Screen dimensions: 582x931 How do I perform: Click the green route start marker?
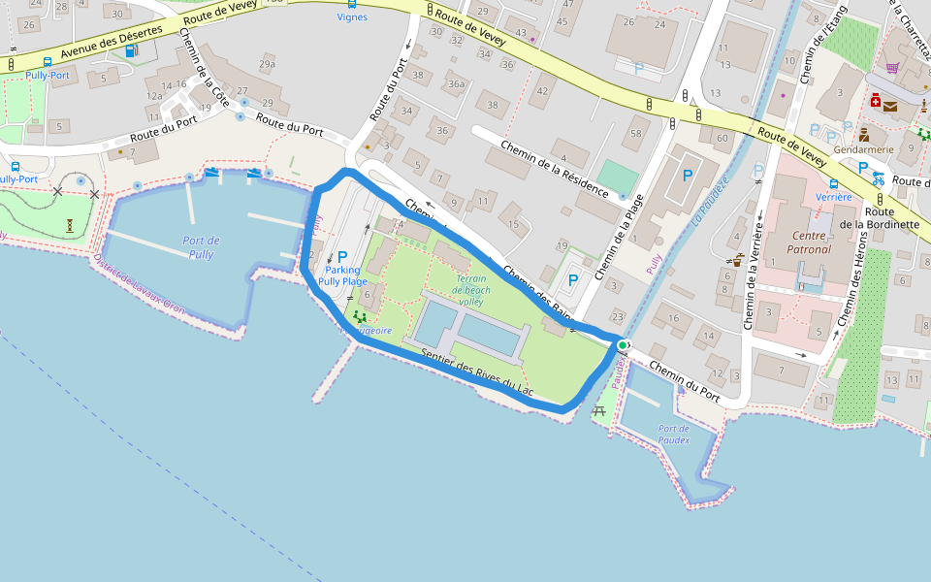pyautogui.click(x=622, y=344)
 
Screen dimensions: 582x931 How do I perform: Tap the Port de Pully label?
pyautogui.click(x=201, y=247)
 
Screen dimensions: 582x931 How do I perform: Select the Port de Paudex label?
pyautogui.click(x=673, y=434)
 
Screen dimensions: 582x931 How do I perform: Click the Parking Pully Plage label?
pyautogui.click(x=342, y=275)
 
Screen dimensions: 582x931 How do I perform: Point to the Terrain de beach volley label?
pyautogui.click(x=471, y=290)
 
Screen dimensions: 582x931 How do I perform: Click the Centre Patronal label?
pyautogui.click(x=812, y=242)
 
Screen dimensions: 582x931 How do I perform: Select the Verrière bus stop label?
pyautogui.click(x=833, y=197)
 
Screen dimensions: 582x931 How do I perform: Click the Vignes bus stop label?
pyautogui.click(x=352, y=16)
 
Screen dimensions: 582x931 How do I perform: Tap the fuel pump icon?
pyautogui.click(x=130, y=50)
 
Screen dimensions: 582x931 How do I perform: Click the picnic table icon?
pyautogui.click(x=598, y=412)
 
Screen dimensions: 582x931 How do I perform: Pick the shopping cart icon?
pyautogui.click(x=892, y=68)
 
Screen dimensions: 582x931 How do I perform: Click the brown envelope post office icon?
pyautogui.click(x=889, y=106)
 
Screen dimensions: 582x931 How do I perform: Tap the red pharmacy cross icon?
pyautogui.click(x=875, y=100)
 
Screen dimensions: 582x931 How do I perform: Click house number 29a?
pyautogui.click(x=267, y=65)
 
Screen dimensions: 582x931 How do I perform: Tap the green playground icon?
pyautogui.click(x=361, y=317)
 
